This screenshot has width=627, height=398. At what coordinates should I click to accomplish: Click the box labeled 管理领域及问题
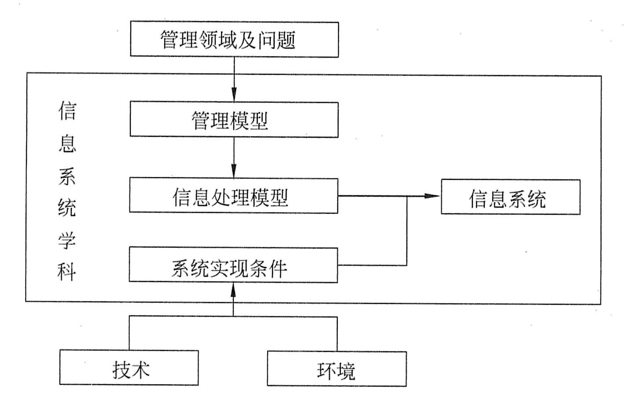point(234,40)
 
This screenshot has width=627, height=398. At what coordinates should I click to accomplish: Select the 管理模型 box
point(234,120)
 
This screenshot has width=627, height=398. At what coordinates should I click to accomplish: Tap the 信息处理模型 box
point(233,196)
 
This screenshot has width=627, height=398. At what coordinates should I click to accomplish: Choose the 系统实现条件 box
point(233,265)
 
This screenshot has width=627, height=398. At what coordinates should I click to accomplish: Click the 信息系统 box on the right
point(510,197)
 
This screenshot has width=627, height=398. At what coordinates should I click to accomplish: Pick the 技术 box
point(129,368)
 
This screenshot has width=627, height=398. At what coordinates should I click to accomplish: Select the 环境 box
point(337,369)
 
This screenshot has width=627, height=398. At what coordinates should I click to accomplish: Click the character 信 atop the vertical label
point(67,110)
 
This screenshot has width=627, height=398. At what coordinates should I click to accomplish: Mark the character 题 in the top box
point(285,40)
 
